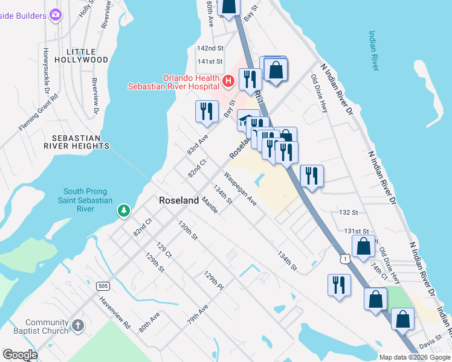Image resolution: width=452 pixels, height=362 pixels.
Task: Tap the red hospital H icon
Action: tap(228, 80)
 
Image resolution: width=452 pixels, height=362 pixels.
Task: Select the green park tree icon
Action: tap(124, 211)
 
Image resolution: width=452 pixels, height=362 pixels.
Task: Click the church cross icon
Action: tap(77, 326)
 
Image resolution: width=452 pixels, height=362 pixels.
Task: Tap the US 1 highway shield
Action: tap(344, 258)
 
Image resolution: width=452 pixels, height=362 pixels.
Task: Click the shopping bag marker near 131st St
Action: tap(363, 246)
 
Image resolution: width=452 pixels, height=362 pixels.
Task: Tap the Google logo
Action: tap(20, 355)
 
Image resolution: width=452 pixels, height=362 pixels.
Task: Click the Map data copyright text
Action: tap(414, 357)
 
